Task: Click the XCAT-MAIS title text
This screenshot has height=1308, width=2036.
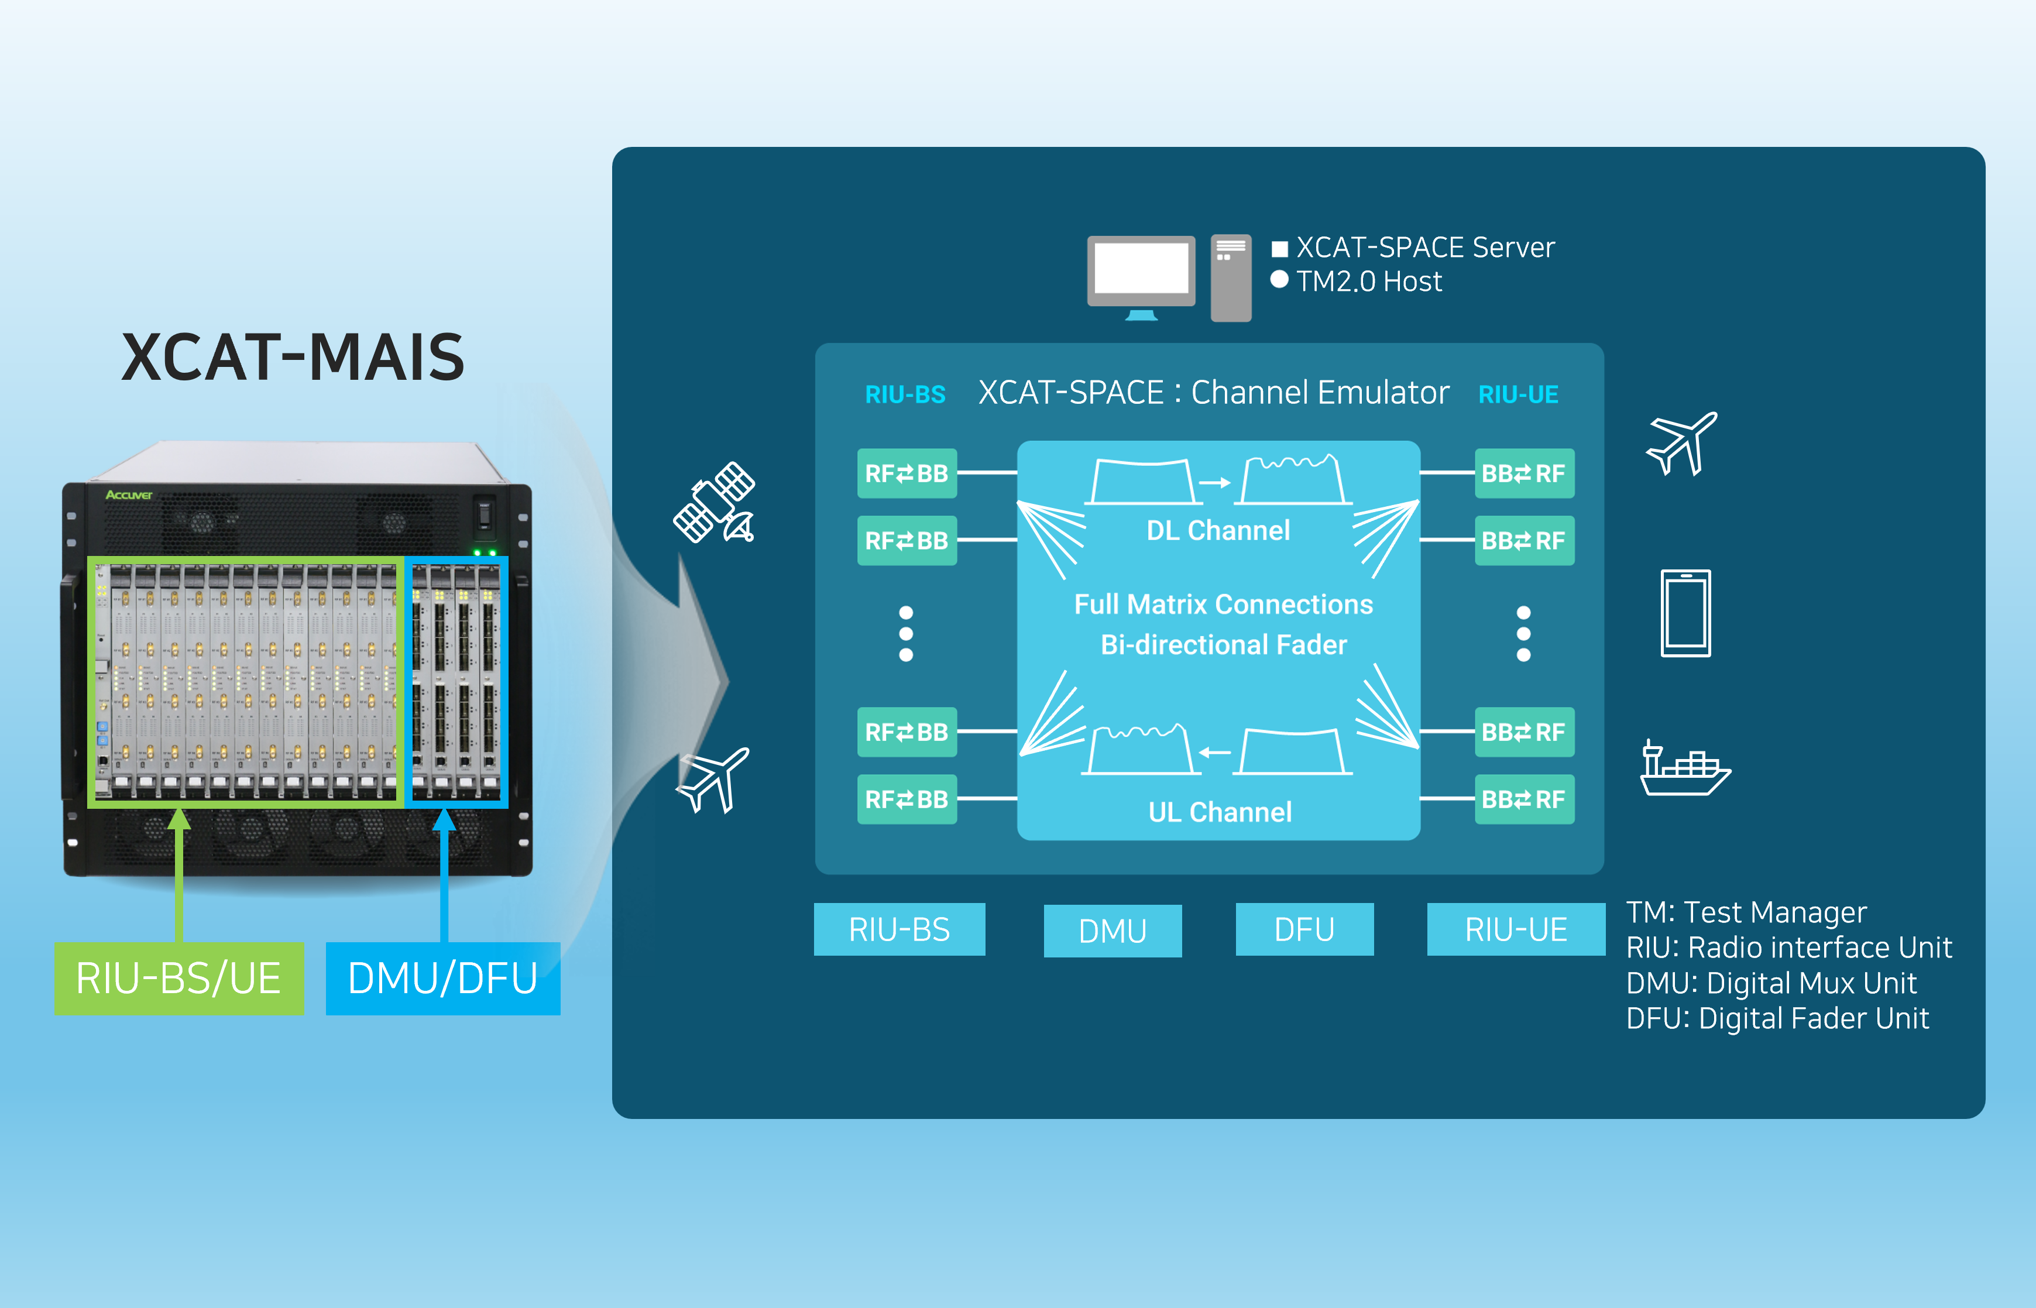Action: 293,358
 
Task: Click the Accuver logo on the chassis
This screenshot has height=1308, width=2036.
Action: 128,495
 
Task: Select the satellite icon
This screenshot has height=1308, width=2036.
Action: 715,502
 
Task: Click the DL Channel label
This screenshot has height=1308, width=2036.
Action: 1217,530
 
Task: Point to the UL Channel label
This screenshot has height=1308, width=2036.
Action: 1219,812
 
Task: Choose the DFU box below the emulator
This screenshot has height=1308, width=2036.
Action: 1304,929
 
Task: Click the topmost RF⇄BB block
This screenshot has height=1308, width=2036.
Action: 907,473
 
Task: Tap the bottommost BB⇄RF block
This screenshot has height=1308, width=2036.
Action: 1524,799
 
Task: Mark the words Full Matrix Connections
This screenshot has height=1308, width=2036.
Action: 1223,604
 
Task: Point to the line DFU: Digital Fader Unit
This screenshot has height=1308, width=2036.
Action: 1777,1018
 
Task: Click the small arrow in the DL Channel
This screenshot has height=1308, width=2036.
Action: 1214,482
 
